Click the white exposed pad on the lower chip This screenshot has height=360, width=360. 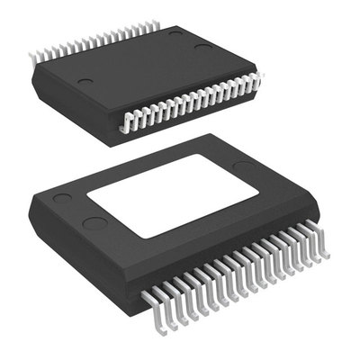[173, 195]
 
